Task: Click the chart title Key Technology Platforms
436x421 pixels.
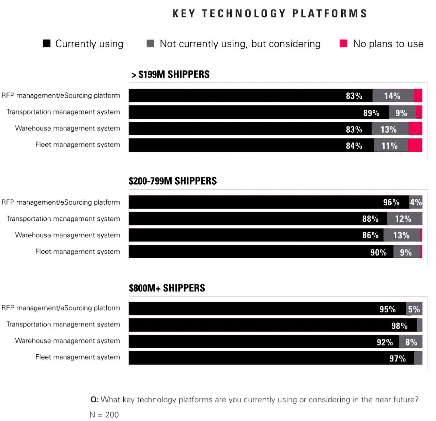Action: tap(269, 14)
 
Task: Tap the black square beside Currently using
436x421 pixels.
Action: tap(47, 44)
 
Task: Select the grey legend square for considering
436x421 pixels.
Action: tap(150, 44)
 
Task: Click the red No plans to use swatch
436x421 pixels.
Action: tap(343, 44)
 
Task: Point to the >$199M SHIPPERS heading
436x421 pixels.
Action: tap(170, 74)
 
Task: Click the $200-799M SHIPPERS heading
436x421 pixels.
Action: tap(173, 181)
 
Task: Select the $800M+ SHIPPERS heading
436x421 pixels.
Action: tap(167, 288)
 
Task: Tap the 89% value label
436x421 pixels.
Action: tap(371, 113)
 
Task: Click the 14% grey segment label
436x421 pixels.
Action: tap(392, 96)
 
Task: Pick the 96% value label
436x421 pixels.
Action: tap(391, 202)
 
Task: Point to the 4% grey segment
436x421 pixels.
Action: tap(416, 202)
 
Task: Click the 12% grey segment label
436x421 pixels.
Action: tap(403, 219)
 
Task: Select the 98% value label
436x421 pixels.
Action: tap(399, 326)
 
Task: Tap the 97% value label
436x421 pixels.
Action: tap(398, 358)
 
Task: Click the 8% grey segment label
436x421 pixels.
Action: tap(411, 342)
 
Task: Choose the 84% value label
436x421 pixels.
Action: tap(354, 146)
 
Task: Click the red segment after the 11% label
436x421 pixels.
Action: tap(415, 145)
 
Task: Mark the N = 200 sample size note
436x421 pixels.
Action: tap(104, 415)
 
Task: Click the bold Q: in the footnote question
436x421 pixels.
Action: tap(94, 400)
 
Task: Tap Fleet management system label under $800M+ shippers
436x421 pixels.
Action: tap(78, 357)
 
